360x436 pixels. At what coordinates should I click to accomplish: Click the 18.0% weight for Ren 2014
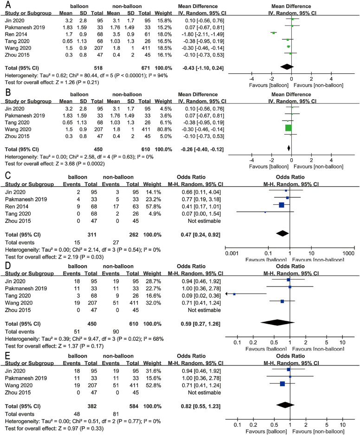click(x=161, y=33)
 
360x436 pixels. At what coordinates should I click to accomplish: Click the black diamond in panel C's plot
click(x=286, y=234)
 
